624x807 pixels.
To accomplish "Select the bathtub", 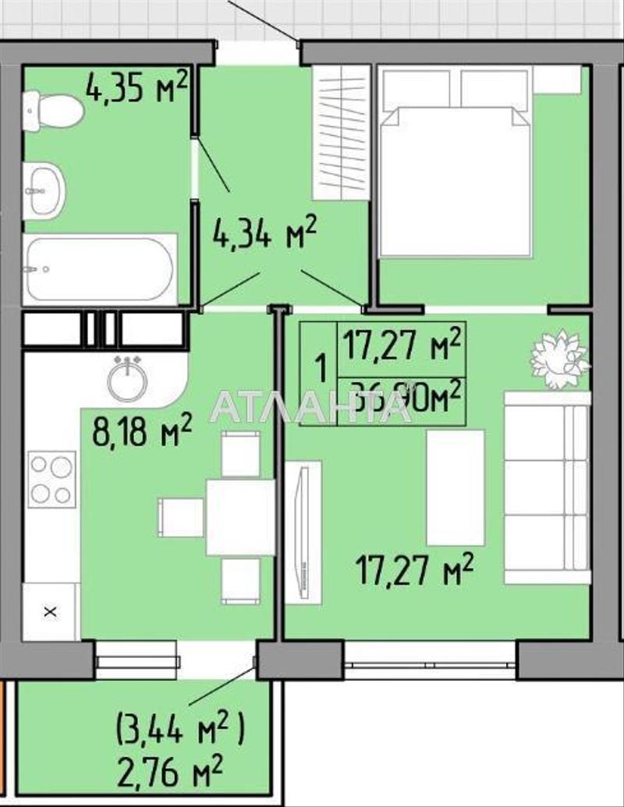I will [97, 270].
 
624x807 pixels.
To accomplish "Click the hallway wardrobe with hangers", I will [341, 132].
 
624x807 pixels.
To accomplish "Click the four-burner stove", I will [51, 480].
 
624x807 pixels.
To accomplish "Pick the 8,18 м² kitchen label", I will [142, 431].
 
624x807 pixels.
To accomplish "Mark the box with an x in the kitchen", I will [51, 611].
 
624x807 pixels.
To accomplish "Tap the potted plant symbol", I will [558, 359].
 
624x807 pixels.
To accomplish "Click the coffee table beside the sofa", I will [456, 487].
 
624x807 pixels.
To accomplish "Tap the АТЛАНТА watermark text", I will [312, 405].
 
